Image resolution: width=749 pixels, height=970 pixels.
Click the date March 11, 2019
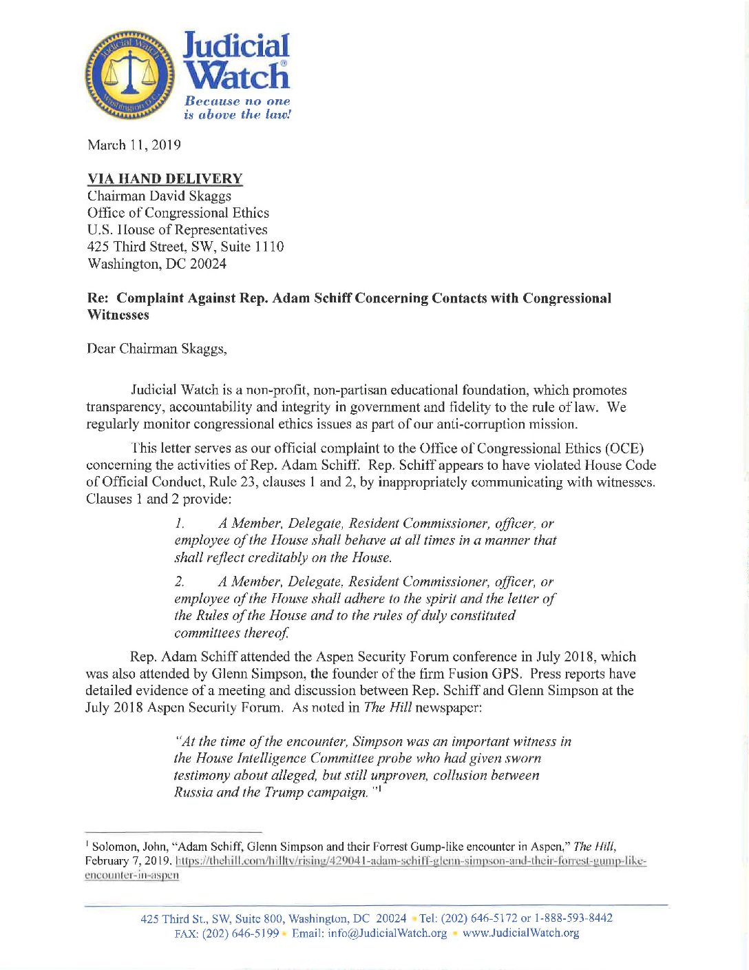click(x=134, y=145)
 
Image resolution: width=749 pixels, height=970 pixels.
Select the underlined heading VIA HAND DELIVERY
click(x=165, y=179)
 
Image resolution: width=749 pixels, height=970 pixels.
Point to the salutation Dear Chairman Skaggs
click(x=157, y=349)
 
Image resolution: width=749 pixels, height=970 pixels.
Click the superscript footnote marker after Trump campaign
click(x=379, y=789)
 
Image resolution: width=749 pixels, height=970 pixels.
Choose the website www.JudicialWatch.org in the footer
click(x=520, y=933)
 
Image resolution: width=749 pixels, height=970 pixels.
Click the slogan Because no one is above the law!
click(x=237, y=108)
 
